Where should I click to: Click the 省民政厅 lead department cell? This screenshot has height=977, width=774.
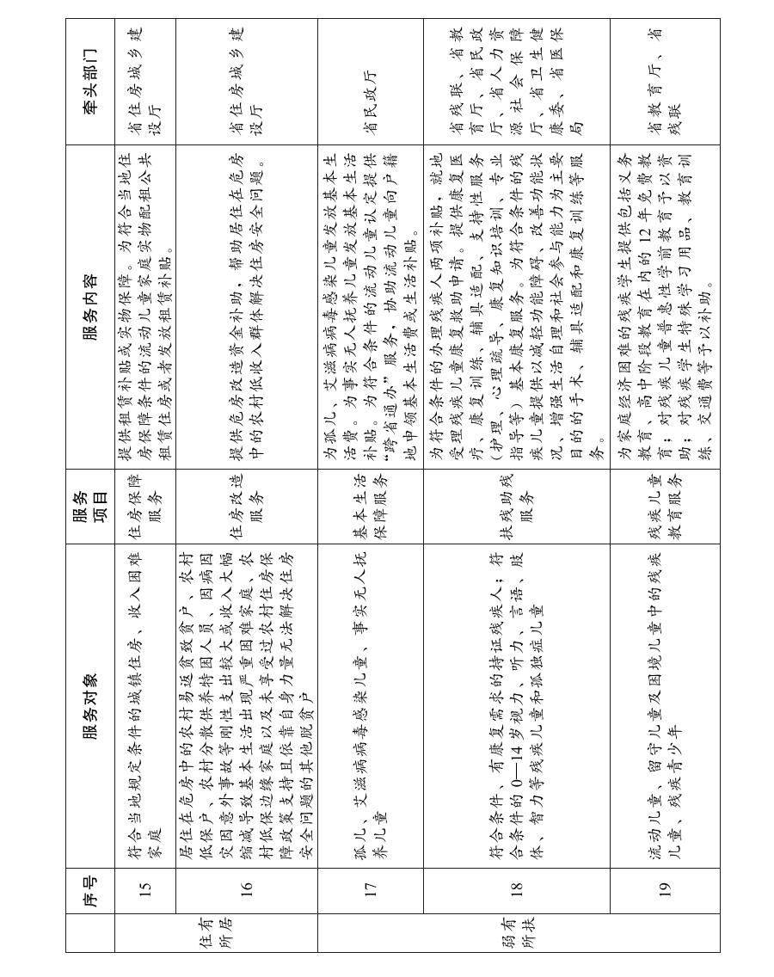click(370, 82)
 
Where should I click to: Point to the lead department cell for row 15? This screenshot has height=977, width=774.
click(145, 82)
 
